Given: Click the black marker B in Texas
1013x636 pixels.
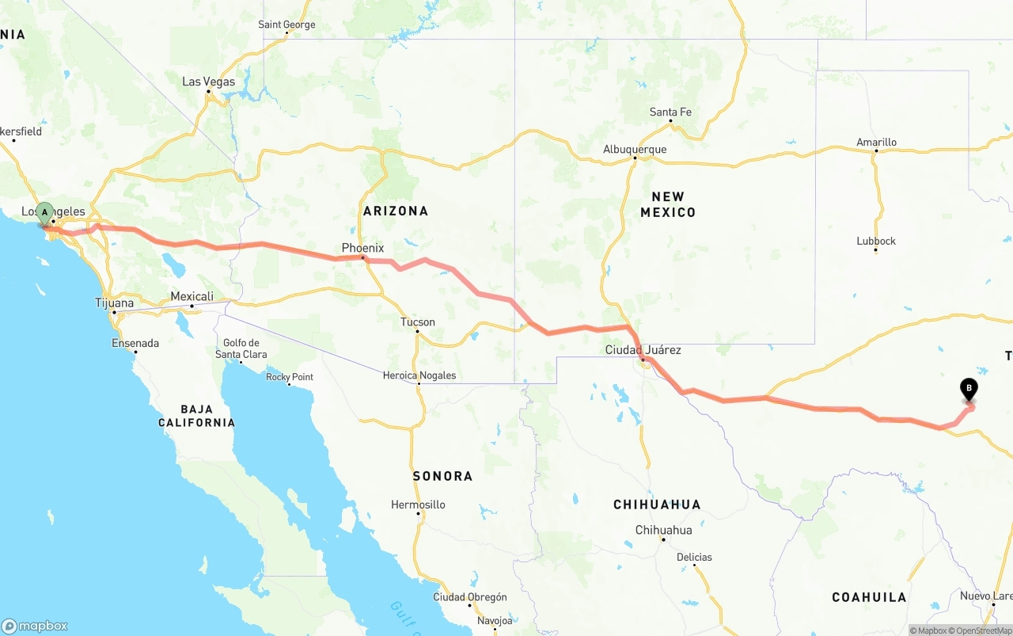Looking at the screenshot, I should tap(968, 389).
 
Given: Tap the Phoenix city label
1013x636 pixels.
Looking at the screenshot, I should tap(362, 248).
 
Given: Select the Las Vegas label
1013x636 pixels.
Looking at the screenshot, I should tap(208, 82).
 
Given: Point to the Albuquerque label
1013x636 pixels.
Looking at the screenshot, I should tap(635, 149).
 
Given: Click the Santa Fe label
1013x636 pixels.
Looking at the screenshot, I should tap(670, 112).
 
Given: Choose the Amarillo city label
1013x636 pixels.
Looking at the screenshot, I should tap(876, 143).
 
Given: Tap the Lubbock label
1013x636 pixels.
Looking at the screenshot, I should tap(875, 241).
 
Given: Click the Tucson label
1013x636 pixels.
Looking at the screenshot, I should tap(417, 322).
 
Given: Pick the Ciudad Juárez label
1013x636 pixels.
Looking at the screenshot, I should tap(643, 349).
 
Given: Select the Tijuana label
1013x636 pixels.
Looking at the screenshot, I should tap(114, 303).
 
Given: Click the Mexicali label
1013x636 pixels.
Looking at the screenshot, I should tap(192, 296).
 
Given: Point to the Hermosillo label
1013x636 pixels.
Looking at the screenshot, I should tap(418, 505).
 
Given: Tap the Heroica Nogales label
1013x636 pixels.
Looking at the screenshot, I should tap(419, 375).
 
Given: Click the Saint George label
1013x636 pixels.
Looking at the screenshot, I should tap(286, 25).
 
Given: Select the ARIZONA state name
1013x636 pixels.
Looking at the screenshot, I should tap(396, 211).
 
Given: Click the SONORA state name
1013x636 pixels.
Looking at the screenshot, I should tap(442, 476).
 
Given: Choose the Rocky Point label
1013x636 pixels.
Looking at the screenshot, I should tap(290, 377).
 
